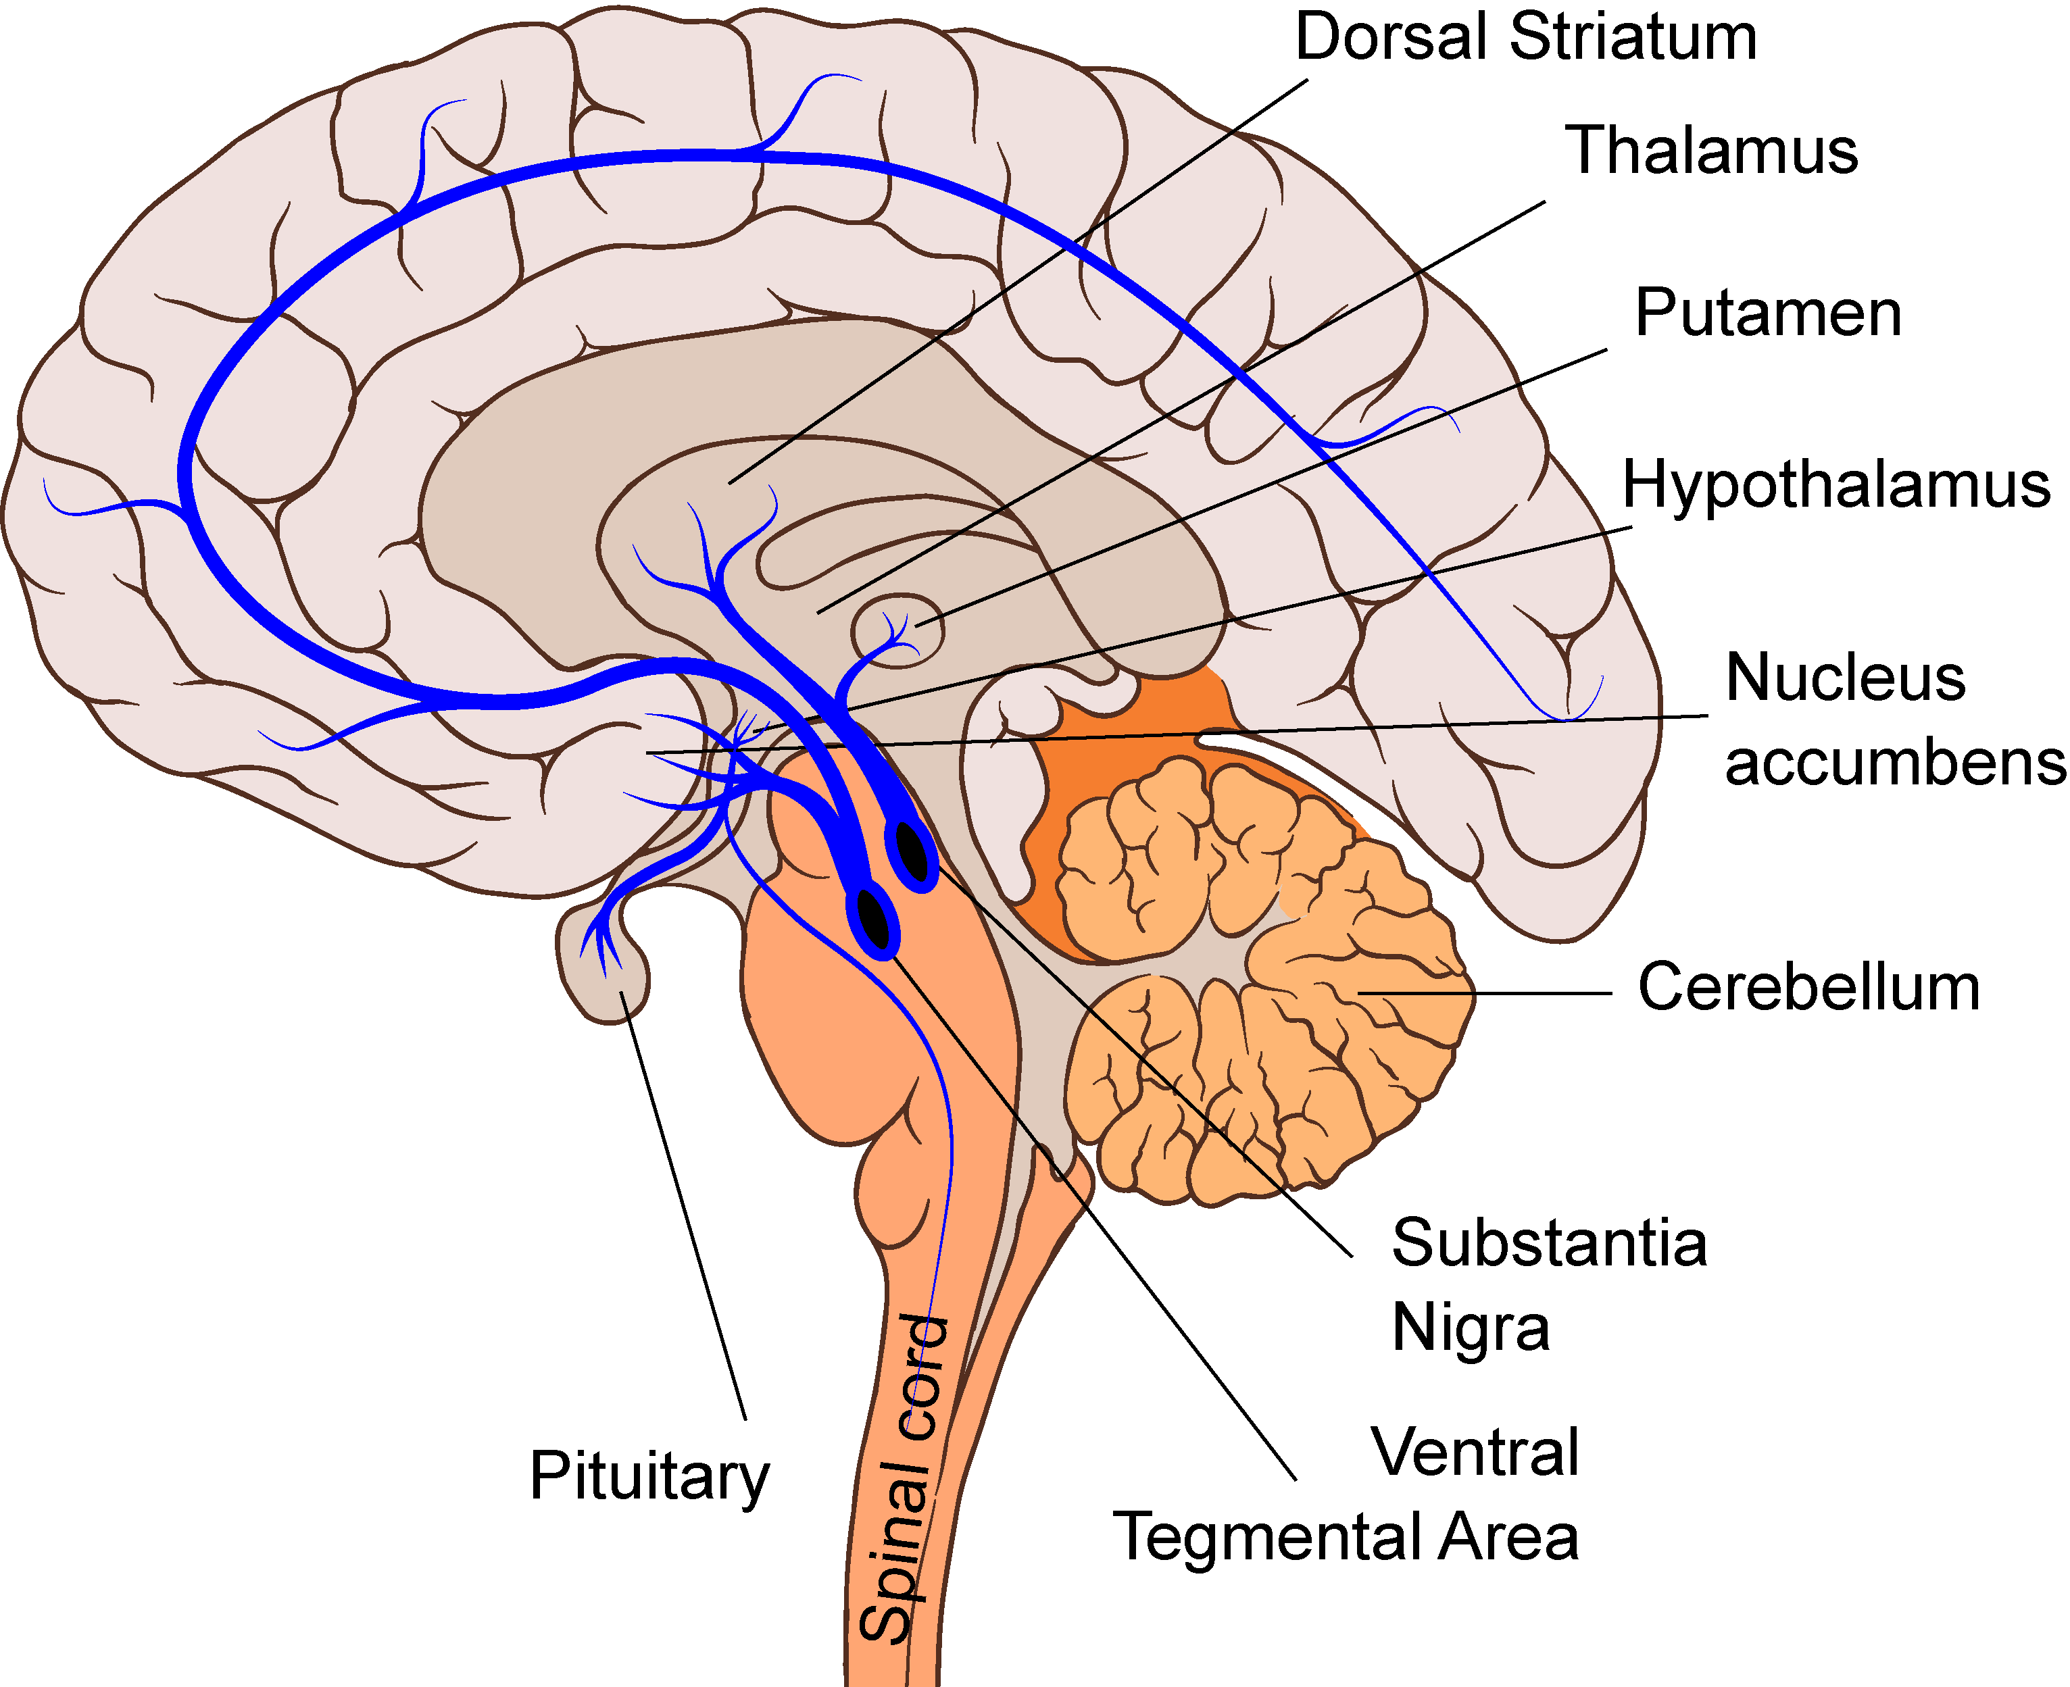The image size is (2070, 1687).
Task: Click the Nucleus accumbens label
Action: [x=1893, y=719]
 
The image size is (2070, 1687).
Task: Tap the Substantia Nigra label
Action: [x=1548, y=1285]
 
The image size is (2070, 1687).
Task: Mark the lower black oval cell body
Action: [x=874, y=918]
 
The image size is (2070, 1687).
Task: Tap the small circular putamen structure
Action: [x=896, y=632]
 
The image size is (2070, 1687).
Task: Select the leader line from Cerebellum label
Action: [x=1487, y=993]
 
